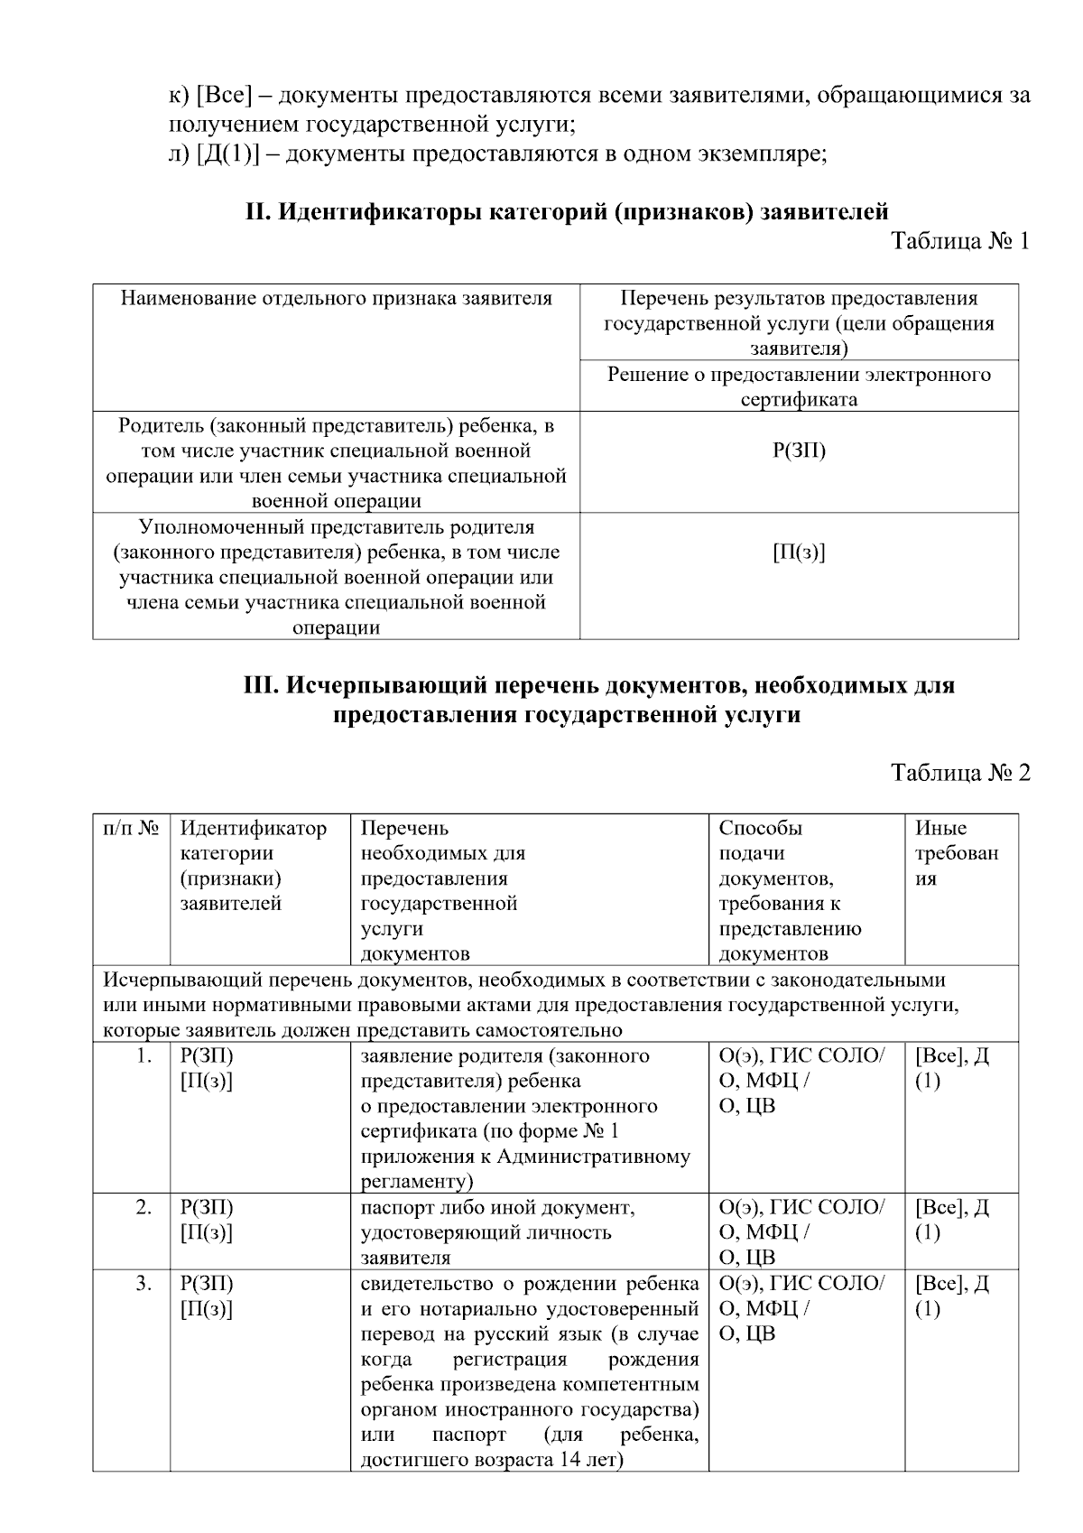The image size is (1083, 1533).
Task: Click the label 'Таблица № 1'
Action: click(960, 241)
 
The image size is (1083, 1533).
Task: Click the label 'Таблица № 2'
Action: click(960, 773)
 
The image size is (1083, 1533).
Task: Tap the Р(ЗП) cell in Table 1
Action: click(799, 451)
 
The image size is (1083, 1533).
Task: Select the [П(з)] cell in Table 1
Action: click(799, 552)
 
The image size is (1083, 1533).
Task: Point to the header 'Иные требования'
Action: click(957, 853)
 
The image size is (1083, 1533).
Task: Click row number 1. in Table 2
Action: click(143, 1055)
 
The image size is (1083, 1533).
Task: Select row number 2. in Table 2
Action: click(143, 1207)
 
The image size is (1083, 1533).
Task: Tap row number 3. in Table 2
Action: click(143, 1283)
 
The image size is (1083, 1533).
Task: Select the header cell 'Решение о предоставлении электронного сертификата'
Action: click(799, 386)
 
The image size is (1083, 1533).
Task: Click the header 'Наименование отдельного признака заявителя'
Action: click(337, 298)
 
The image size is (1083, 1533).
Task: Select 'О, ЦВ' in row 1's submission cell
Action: click(747, 1106)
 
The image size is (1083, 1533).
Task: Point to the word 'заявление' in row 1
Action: click(403, 1055)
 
